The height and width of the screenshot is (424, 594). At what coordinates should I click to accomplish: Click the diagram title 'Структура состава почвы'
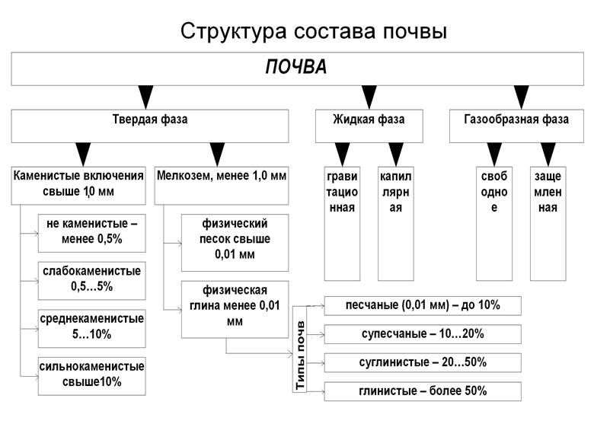(x=313, y=32)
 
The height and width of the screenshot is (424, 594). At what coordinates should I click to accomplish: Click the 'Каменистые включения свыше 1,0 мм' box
(x=78, y=183)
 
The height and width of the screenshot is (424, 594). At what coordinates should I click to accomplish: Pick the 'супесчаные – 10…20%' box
(x=423, y=334)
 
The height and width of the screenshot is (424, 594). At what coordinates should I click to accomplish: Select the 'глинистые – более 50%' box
(x=423, y=391)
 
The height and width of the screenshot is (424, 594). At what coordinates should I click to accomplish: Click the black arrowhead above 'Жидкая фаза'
(x=369, y=96)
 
